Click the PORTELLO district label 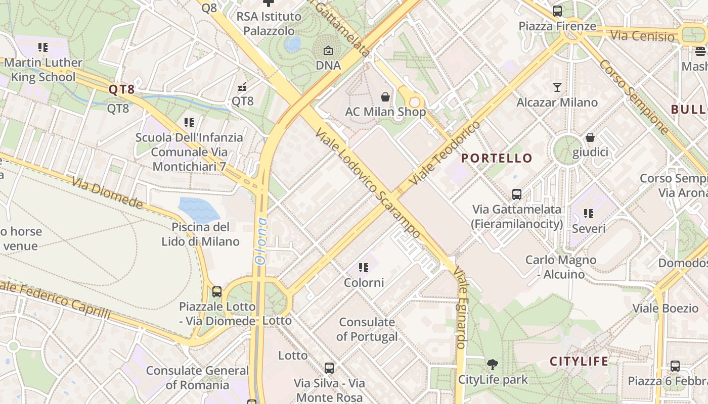pyautogui.click(x=497, y=158)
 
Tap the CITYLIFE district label pyautogui.click(x=579, y=361)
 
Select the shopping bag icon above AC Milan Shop pyautogui.click(x=385, y=96)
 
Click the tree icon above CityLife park pyautogui.click(x=492, y=364)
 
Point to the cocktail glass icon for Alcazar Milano pyautogui.click(x=557, y=87)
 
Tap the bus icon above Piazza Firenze pyautogui.click(x=557, y=11)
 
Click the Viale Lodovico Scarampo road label pyautogui.click(x=367, y=183)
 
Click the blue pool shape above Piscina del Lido pyautogui.click(x=199, y=209)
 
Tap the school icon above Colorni pyautogui.click(x=364, y=267)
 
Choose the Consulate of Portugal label pyautogui.click(x=367, y=329)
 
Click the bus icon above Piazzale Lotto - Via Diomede pyautogui.click(x=217, y=291)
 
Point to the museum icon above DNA pyautogui.click(x=328, y=50)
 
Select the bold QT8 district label pyautogui.click(x=122, y=90)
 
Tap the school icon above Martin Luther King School pyautogui.click(x=43, y=47)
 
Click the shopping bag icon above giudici pyautogui.click(x=590, y=137)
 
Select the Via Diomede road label pyautogui.click(x=107, y=192)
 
